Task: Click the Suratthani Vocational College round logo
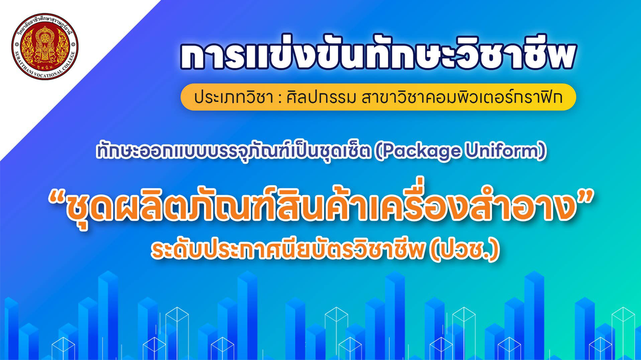[44, 46]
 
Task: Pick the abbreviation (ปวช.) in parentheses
[464, 250]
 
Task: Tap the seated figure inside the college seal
[44, 44]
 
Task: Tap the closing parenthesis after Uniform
[543, 151]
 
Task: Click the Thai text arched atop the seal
[44, 20]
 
